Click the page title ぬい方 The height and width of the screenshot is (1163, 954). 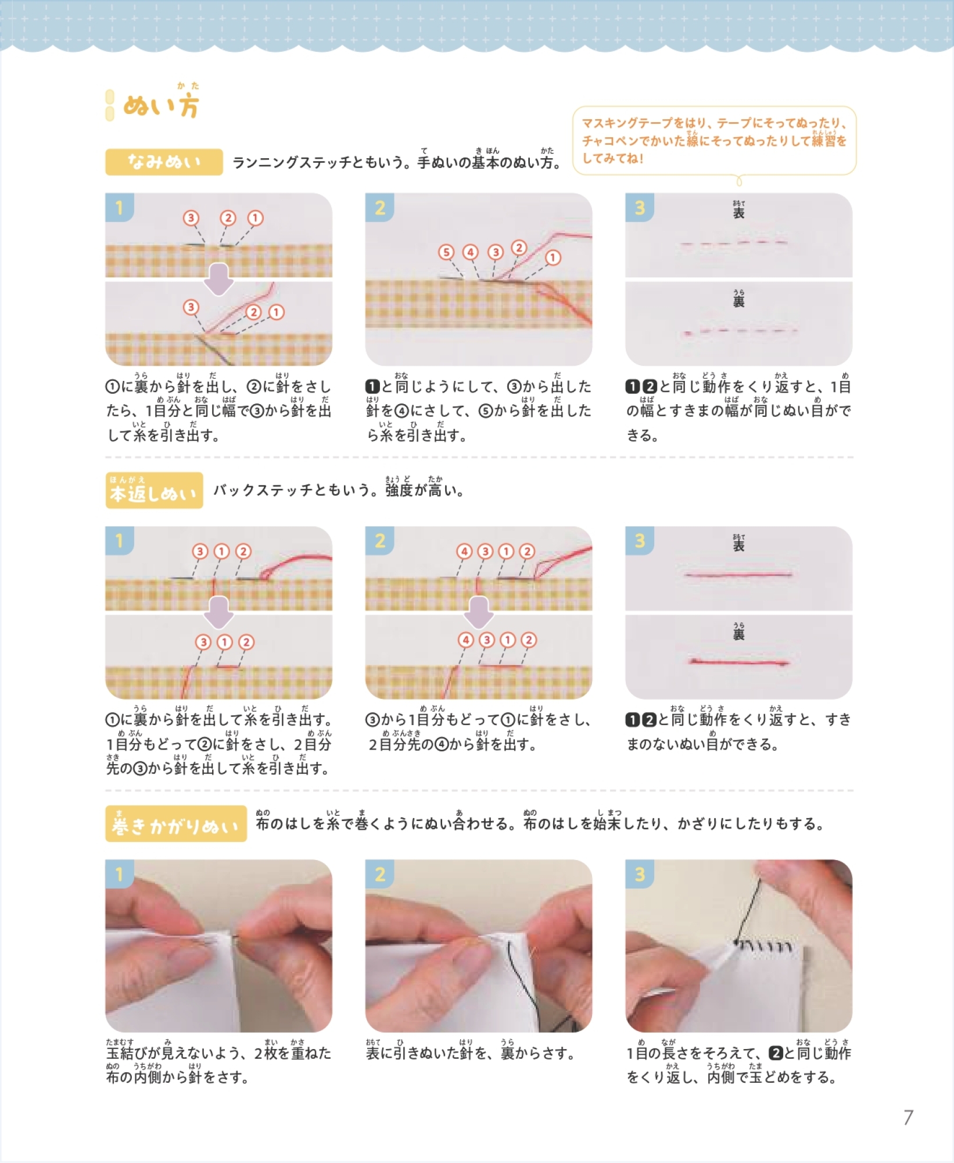pos(161,106)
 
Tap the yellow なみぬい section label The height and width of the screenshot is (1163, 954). pos(164,162)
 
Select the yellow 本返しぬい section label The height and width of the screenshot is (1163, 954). pos(154,490)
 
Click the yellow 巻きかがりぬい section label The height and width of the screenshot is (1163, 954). pos(176,823)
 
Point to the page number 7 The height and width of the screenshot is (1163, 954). pos(908,1117)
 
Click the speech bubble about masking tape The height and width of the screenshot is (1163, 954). pos(714,141)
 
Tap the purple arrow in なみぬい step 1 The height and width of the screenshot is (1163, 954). pos(218,279)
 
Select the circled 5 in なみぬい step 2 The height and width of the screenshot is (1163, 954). pos(446,252)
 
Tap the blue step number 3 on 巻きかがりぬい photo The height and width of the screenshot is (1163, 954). pos(640,875)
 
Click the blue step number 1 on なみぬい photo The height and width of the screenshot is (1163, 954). pos(120,208)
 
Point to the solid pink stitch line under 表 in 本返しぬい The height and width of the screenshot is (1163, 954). pos(738,575)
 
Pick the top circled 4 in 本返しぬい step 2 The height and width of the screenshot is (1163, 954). pos(464,551)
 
